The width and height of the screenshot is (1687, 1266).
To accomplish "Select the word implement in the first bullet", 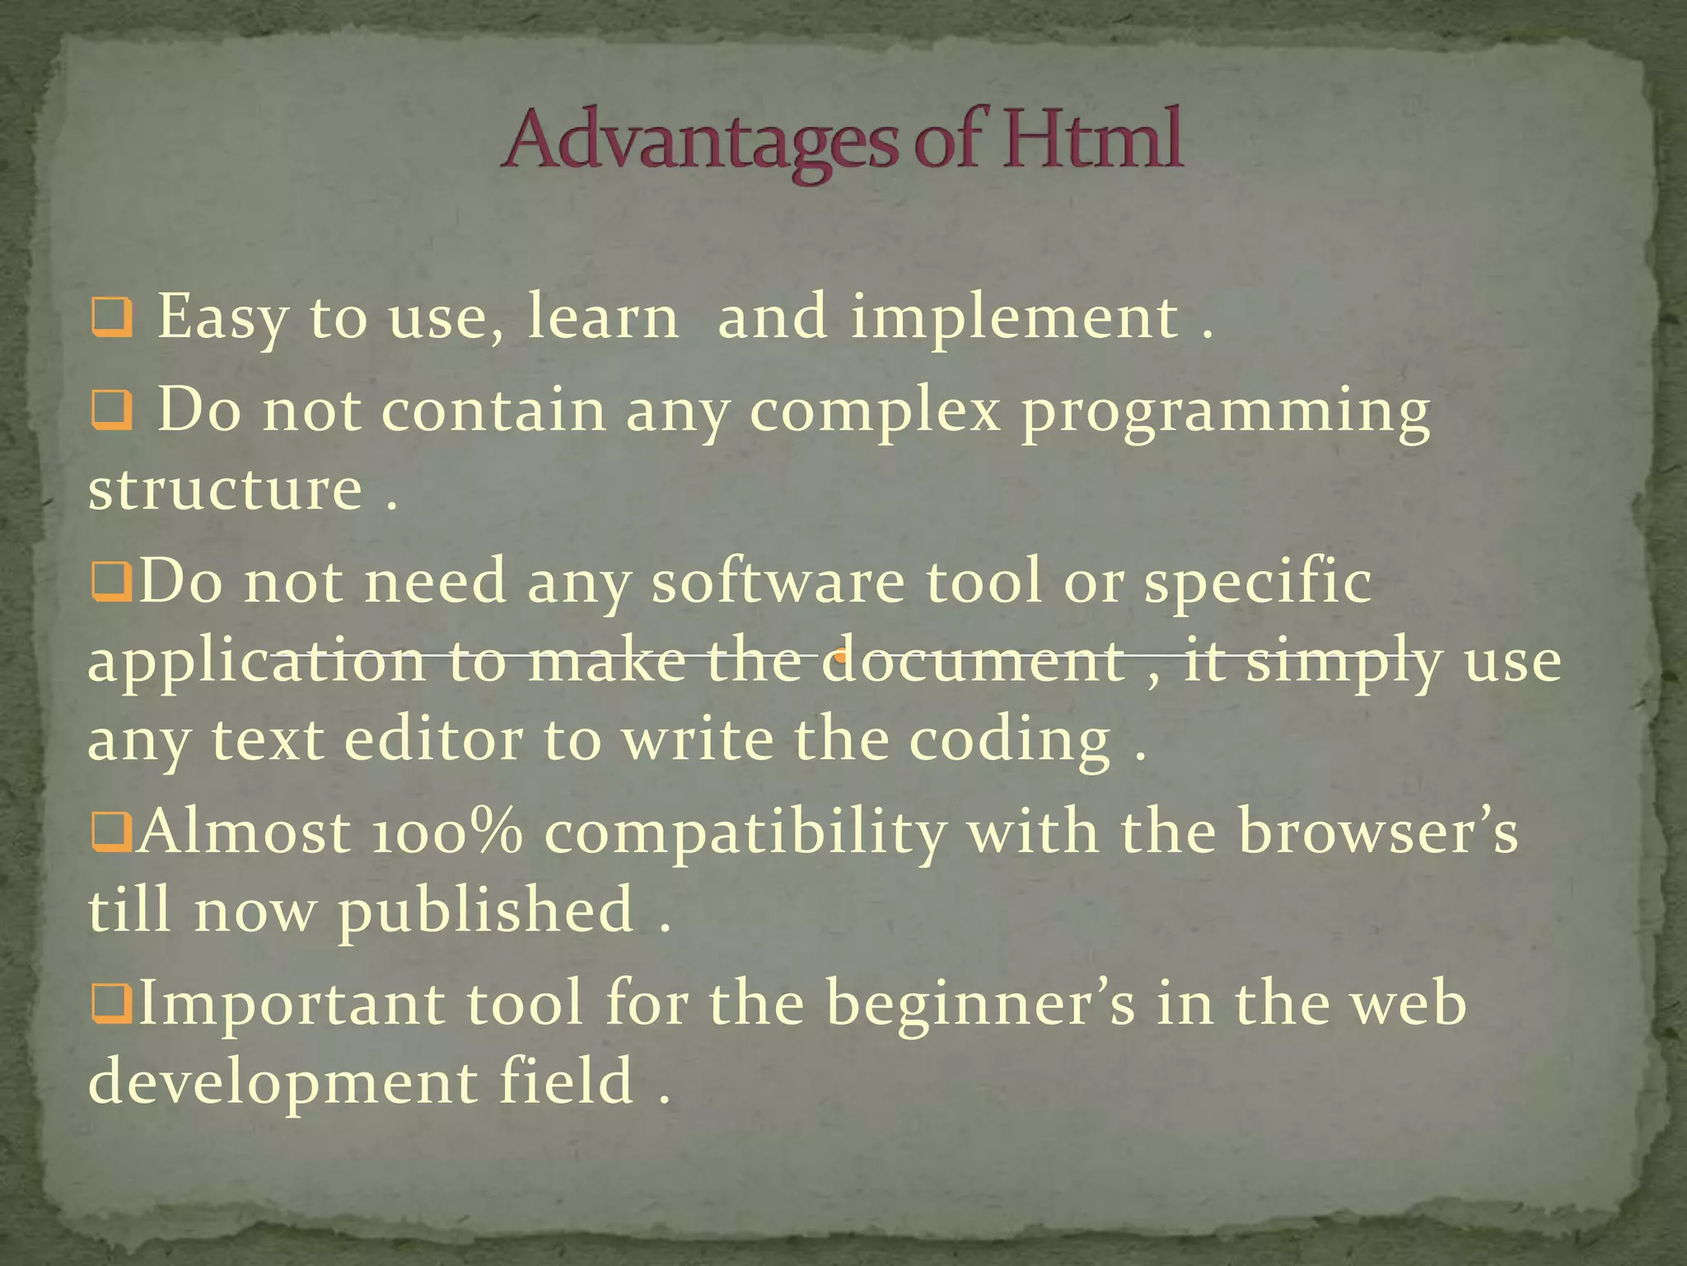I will pyautogui.click(x=1014, y=318).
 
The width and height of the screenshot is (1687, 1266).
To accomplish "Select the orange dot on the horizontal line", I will pyautogui.click(x=840, y=657).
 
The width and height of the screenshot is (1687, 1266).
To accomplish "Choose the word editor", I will pyautogui.click(x=433, y=738).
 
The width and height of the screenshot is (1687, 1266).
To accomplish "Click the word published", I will pyautogui.click(x=486, y=910).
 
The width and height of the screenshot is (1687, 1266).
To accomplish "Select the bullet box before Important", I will pyautogui.click(x=111, y=1005).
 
